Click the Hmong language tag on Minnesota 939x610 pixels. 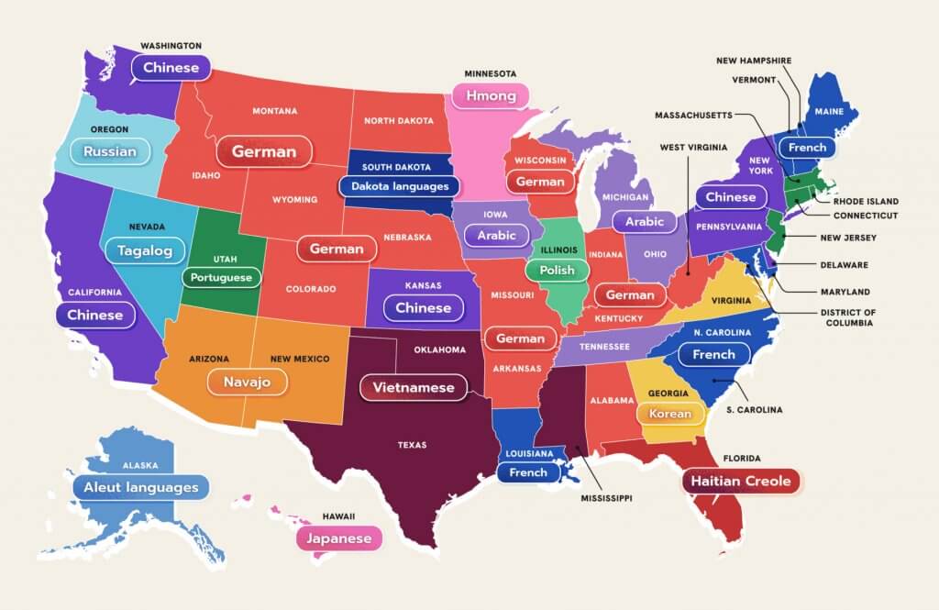coord(491,96)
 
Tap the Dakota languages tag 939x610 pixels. coord(399,186)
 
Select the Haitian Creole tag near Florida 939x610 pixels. coord(740,481)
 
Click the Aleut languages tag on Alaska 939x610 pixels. coord(141,487)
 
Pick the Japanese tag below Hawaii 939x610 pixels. coord(338,538)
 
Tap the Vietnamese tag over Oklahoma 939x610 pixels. coord(413,388)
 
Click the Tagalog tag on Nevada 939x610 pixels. coord(145,250)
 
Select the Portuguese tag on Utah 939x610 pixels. coord(221,276)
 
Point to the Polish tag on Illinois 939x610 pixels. coord(557,271)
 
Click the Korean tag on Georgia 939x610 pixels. coord(670,414)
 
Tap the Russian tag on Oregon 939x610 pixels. coord(109,151)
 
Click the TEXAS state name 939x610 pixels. coord(412,445)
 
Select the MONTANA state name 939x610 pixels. coord(275,111)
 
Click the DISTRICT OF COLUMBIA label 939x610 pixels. coord(850,317)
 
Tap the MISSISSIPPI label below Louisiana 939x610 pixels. coord(607,499)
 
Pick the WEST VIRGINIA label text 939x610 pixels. coord(693,147)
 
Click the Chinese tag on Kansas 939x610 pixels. coord(423,308)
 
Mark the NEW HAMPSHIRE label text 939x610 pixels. coord(754,61)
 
